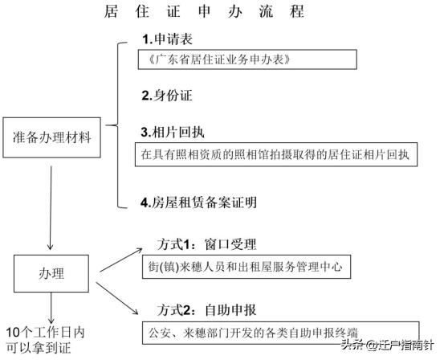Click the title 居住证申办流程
[x=216, y=14]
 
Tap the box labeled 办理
[x=52, y=273]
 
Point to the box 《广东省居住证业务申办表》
[x=244, y=60]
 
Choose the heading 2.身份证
[x=167, y=95]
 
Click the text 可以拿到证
[x=37, y=349]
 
